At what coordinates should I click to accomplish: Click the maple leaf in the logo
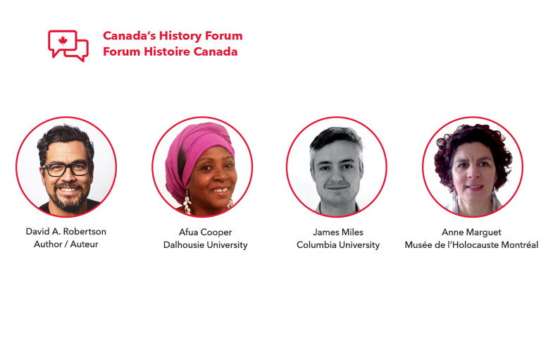pyautogui.click(x=63, y=41)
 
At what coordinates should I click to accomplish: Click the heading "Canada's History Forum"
pyautogui.click(x=173, y=35)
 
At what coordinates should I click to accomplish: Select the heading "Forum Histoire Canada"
pyautogui.click(x=170, y=51)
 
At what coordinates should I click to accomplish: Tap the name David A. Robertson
pyautogui.click(x=66, y=231)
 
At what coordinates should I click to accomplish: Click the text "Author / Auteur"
pyautogui.click(x=66, y=244)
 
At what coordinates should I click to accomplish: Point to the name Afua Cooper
pyautogui.click(x=205, y=232)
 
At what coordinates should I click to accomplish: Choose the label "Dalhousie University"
pyautogui.click(x=205, y=244)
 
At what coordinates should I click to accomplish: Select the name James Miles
pyautogui.click(x=338, y=232)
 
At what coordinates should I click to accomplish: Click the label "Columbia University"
pyautogui.click(x=338, y=244)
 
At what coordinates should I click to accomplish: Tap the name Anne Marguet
pyautogui.click(x=471, y=232)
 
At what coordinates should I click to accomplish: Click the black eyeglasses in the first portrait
pyautogui.click(x=67, y=169)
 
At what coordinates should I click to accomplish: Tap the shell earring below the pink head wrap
pyautogui.click(x=187, y=204)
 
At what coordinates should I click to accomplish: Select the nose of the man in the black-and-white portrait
pyautogui.click(x=337, y=175)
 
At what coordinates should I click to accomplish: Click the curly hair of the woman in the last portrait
pyautogui.click(x=473, y=145)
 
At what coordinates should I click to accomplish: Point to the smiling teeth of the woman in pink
pyautogui.click(x=220, y=190)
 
